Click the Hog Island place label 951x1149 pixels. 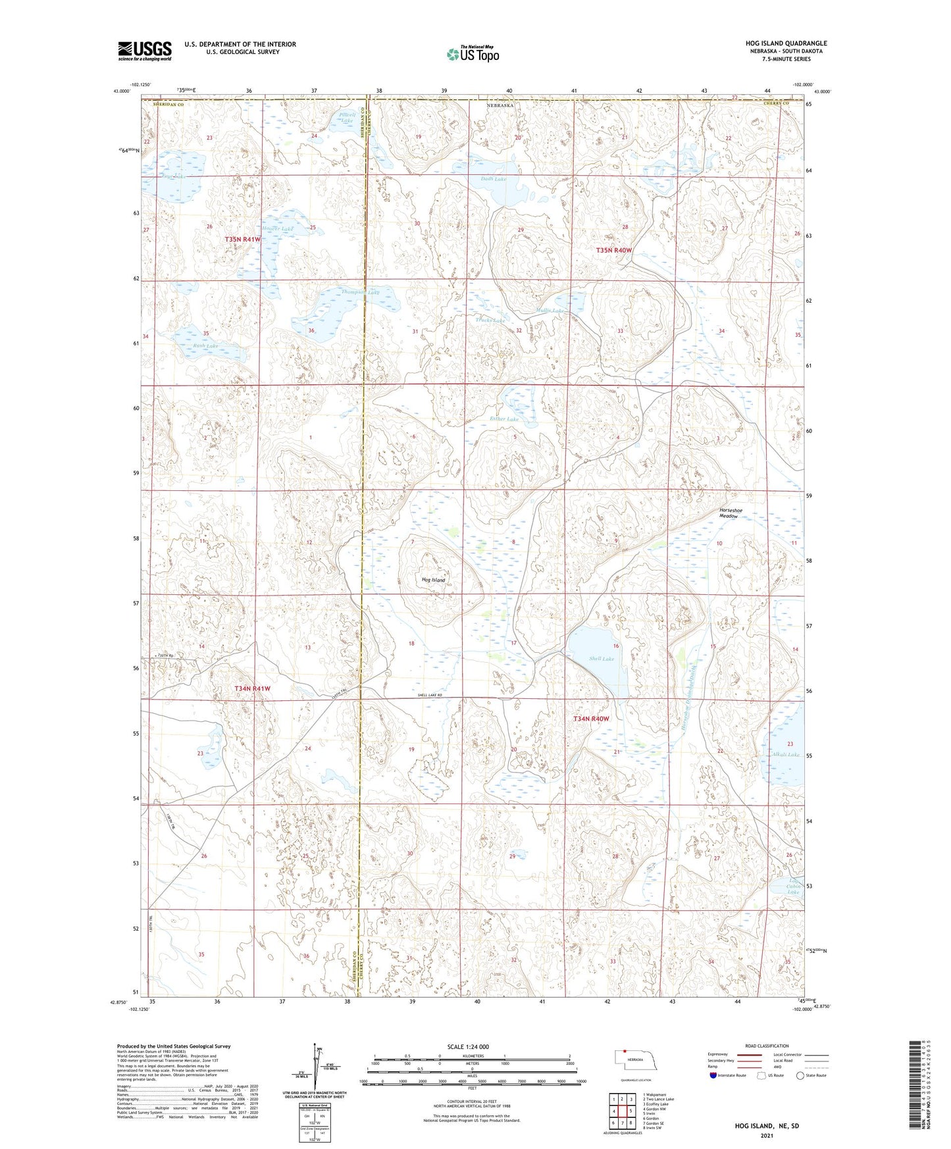(x=433, y=580)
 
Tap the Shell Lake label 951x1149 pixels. (x=602, y=658)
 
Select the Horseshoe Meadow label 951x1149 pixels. (x=728, y=513)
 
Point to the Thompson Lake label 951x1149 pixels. (x=360, y=292)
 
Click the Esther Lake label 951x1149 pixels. (x=504, y=419)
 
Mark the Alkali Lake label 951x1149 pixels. (x=784, y=755)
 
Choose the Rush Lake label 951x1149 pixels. (x=205, y=345)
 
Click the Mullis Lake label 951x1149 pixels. (x=550, y=310)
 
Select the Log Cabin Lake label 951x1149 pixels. (x=794, y=886)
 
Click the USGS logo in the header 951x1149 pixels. (x=145, y=50)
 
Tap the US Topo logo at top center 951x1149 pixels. (x=472, y=54)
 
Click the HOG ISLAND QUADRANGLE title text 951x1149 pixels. (x=786, y=43)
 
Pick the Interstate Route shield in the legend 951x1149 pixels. (x=713, y=1075)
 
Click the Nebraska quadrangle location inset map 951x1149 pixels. (x=634, y=1061)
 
